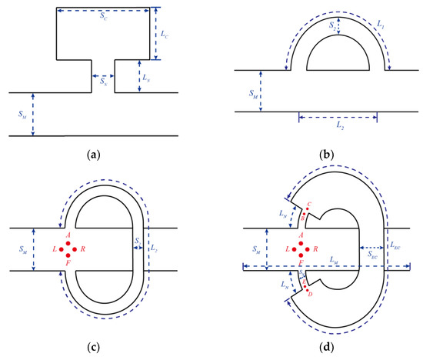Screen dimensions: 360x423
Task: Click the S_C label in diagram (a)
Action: (x=105, y=18)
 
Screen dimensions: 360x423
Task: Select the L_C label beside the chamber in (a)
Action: (x=166, y=34)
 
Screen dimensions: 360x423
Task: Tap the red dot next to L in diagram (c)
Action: (x=62, y=250)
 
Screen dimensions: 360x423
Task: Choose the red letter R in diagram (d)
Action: (x=315, y=250)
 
